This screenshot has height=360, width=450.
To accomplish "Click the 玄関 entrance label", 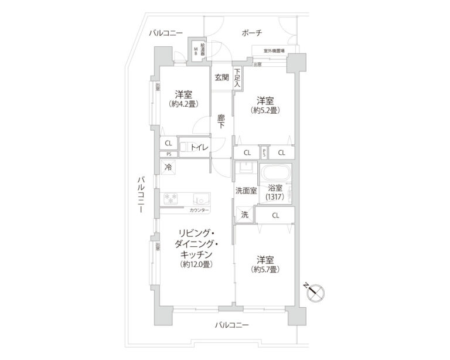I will coord(221,77).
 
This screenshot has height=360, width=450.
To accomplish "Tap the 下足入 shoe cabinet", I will coord(237,78).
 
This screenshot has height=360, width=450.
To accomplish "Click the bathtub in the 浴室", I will coord(275,174).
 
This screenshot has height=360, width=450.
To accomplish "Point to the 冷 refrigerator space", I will coord(168,167).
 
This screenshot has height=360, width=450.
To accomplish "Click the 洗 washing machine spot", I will coord(244,215).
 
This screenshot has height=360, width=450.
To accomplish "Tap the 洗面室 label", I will coord(246,191).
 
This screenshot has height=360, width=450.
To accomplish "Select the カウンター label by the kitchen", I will coord(199,209).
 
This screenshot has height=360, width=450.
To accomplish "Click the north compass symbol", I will coord(314,291).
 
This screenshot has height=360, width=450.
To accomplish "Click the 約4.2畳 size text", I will coord(183,104).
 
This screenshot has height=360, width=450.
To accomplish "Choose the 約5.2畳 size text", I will coord(265,110).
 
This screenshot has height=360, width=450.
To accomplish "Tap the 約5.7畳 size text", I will coord(265,270).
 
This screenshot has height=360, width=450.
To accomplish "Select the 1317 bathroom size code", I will coord(275,198).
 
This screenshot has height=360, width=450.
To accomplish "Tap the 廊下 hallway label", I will coord(221,121).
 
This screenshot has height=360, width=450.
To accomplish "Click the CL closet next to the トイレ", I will coord(168,143).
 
